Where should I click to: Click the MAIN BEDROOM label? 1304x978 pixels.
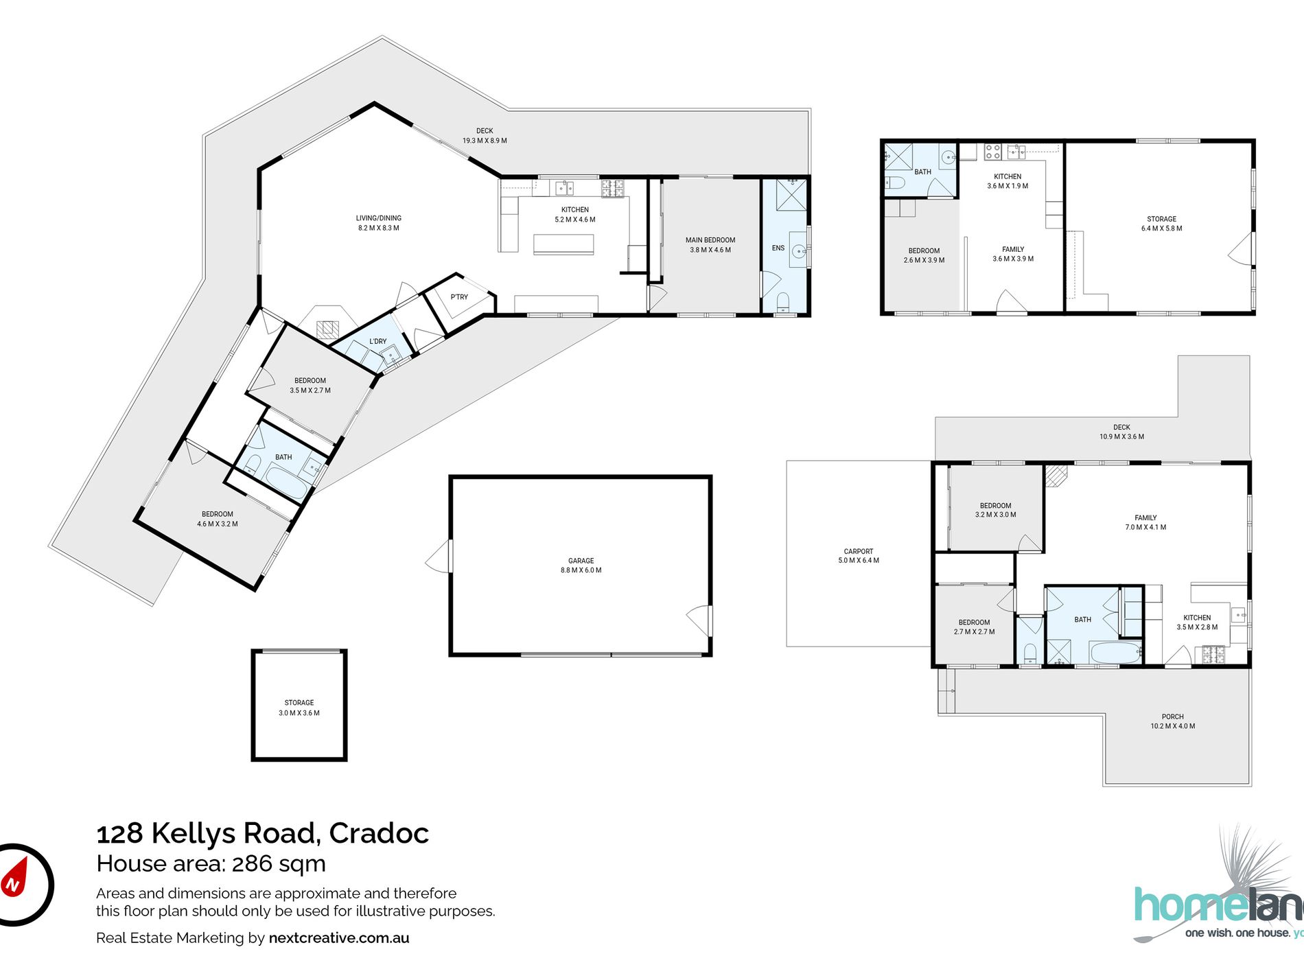(710, 245)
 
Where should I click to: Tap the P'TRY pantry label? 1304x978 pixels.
(459, 297)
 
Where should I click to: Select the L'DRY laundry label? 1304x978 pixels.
(378, 341)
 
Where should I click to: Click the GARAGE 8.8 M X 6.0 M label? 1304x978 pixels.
(581, 566)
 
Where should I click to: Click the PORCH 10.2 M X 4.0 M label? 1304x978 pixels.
(1173, 721)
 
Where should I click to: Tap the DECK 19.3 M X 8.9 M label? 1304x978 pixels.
(485, 136)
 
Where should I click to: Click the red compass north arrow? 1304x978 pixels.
(15, 879)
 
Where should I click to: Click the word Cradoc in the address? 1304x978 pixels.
(379, 833)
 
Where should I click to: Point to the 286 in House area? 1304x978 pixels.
(252, 863)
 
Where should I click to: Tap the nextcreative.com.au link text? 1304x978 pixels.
(339, 938)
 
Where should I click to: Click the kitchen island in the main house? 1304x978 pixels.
(563, 244)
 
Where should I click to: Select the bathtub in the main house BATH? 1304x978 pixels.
(287, 482)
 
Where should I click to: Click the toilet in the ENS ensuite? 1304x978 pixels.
(783, 301)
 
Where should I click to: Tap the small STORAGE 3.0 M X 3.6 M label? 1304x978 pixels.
(299, 708)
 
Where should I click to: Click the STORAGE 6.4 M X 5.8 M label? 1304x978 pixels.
(1161, 224)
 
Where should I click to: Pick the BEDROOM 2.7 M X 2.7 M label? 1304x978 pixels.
(974, 627)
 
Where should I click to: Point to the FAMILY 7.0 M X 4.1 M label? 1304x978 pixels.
(1145, 522)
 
